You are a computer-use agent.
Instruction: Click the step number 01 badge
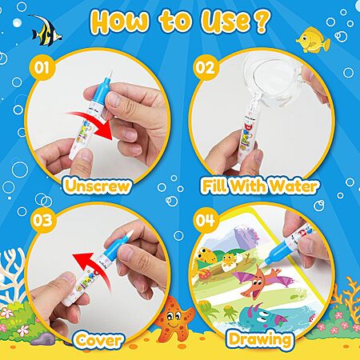click(42, 67)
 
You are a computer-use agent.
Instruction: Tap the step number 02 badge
click(205, 67)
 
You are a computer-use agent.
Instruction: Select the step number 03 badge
click(42, 220)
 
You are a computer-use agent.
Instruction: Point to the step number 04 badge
click(206, 220)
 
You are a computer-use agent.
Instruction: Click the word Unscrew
click(97, 186)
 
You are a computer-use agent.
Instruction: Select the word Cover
click(98, 340)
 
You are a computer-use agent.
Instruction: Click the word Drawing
click(260, 340)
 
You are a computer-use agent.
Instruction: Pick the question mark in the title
click(262, 21)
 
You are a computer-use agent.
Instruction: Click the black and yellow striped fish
click(46, 30)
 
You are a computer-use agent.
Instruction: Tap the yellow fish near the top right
click(313, 40)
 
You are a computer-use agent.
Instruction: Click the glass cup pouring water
click(274, 78)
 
